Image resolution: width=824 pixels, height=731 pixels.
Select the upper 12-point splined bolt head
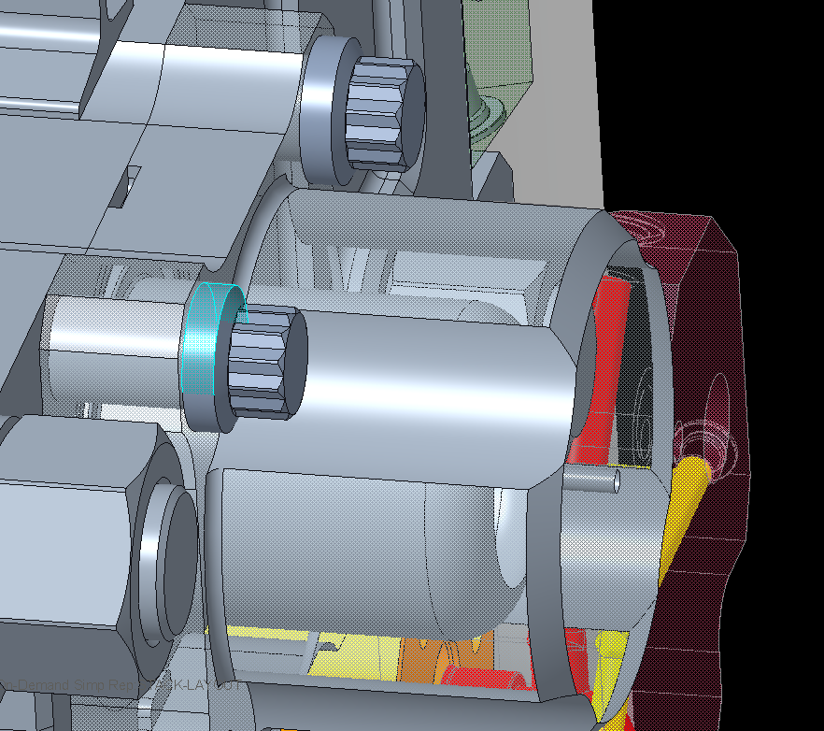click(383, 112)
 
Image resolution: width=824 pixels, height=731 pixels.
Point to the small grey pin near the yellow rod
click(592, 480)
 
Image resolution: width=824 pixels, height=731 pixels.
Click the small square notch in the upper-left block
click(131, 185)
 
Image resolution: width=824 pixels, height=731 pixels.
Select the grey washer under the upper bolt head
click(322, 112)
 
